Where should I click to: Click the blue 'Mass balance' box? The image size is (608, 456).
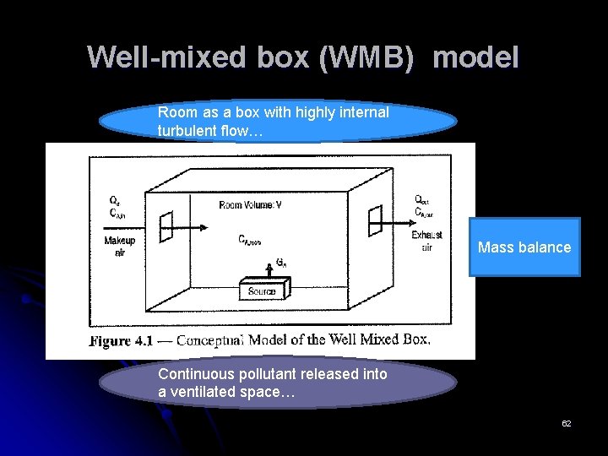click(x=524, y=247)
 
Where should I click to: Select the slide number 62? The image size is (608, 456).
click(x=566, y=423)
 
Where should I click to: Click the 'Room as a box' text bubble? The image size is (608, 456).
click(x=278, y=121)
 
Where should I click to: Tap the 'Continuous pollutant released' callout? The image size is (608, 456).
click(x=278, y=383)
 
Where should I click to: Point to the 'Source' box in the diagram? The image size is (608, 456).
click(x=262, y=291)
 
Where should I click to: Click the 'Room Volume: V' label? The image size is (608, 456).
click(x=251, y=204)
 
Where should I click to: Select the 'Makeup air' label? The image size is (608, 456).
click(x=120, y=246)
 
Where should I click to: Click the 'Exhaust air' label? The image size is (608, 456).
click(x=426, y=241)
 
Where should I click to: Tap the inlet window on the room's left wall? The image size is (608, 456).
click(x=166, y=225)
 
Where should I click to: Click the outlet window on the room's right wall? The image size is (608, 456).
click(x=374, y=221)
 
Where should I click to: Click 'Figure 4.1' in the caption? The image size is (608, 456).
click(x=121, y=341)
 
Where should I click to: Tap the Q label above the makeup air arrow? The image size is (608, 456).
click(x=114, y=200)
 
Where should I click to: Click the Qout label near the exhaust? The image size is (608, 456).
click(x=421, y=200)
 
